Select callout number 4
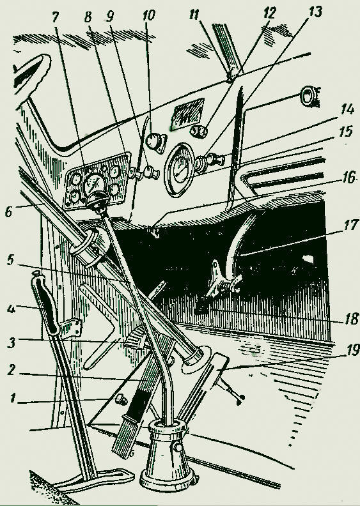(x=11, y=309)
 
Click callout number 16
(x=348, y=178)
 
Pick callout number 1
(x=13, y=398)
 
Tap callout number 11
(x=194, y=15)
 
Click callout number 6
(x=9, y=211)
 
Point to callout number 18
(x=350, y=319)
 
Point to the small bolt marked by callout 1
(x=121, y=399)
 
